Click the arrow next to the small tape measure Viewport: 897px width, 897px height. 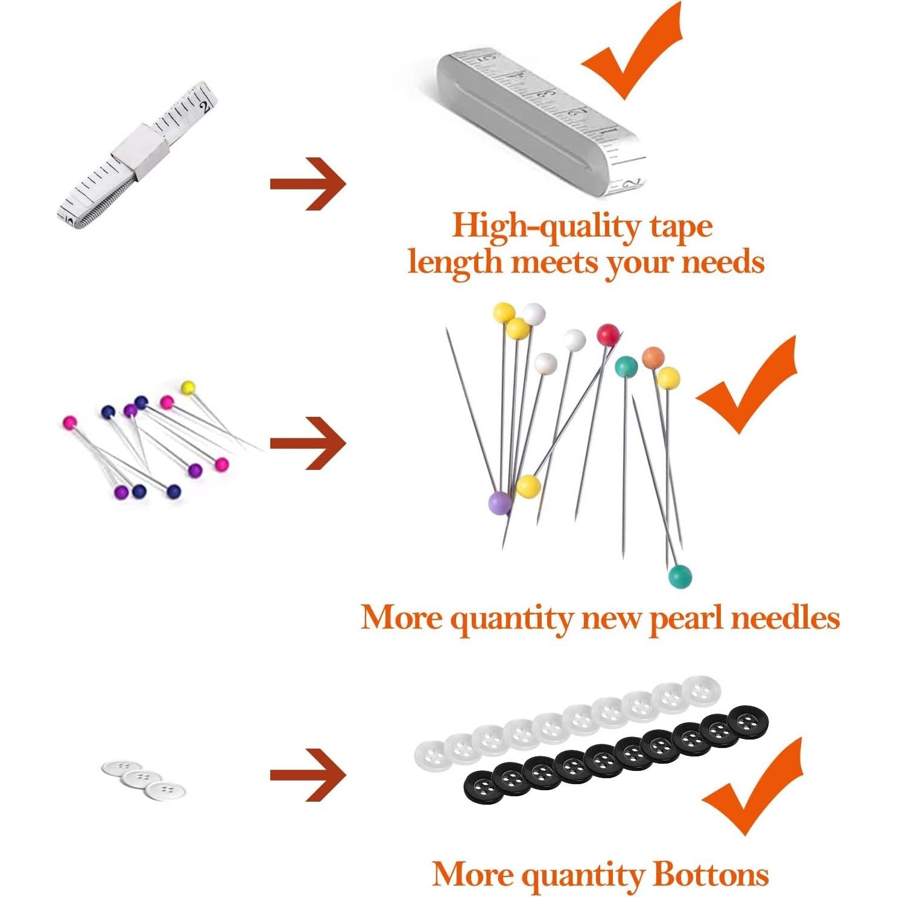(308, 184)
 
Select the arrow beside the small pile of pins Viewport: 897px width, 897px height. (308, 444)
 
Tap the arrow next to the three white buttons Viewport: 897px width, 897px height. (308, 775)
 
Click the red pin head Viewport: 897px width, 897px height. (608, 334)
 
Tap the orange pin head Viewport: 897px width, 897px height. (653, 357)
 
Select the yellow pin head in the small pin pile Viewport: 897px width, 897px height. (189, 387)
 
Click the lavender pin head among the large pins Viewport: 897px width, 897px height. (499, 502)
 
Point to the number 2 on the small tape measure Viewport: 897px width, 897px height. (206, 107)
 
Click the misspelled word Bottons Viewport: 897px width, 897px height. (711, 874)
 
